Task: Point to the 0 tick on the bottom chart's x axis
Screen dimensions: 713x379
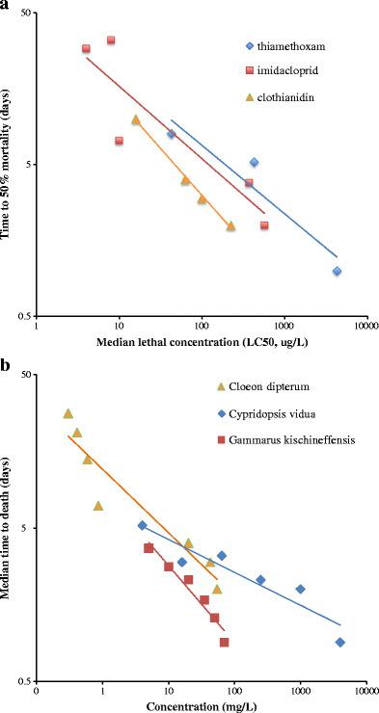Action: (x=37, y=690)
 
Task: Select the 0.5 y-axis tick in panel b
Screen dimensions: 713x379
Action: (x=23, y=681)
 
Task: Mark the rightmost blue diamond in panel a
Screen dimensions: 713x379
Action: (x=337, y=271)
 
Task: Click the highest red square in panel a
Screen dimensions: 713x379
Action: (x=111, y=40)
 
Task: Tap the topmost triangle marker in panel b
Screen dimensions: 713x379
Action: (x=68, y=413)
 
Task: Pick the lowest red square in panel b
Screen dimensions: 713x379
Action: (x=224, y=642)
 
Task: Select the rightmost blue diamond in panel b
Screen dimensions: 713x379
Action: (x=339, y=642)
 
